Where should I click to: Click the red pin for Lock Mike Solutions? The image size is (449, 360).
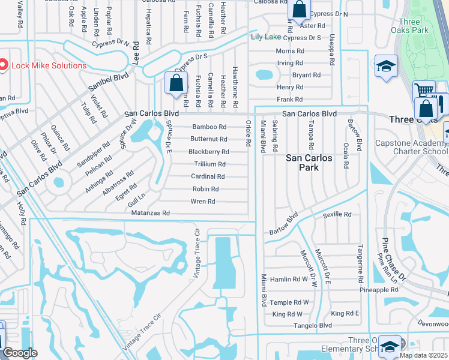(3, 65)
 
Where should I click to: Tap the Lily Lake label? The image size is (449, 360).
(265, 37)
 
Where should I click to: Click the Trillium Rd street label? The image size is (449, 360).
(209, 164)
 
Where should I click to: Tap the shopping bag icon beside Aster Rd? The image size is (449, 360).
(298, 10)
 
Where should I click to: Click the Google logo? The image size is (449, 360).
(20, 353)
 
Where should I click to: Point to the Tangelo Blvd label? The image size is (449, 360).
(313, 325)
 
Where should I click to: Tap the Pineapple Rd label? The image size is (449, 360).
(379, 290)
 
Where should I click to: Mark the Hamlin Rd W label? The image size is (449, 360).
(289, 279)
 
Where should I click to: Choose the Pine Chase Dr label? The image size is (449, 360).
(393, 258)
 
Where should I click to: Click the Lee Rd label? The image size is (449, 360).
(136, 52)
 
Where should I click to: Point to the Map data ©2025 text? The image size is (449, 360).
(423, 355)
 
